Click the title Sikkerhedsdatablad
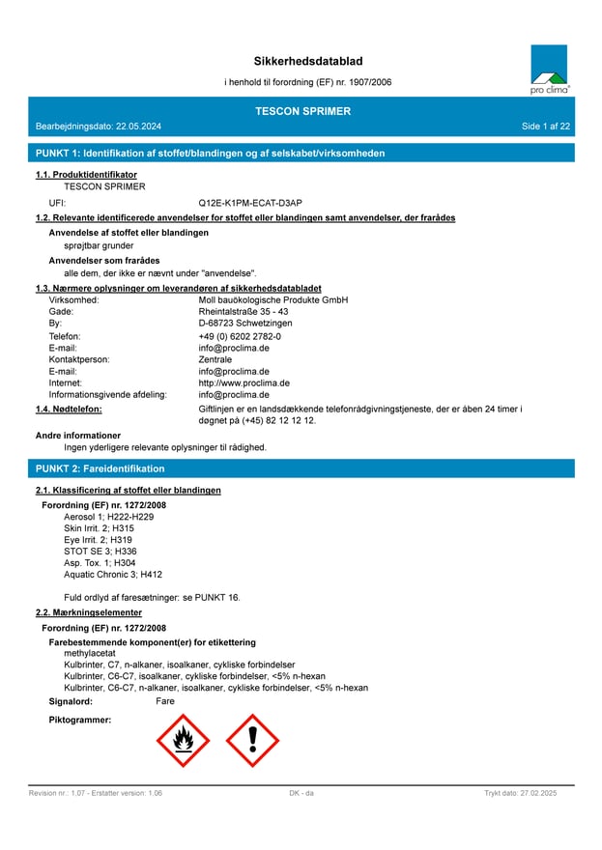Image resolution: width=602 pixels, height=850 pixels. (308, 62)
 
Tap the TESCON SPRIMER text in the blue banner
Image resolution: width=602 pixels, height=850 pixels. (302, 111)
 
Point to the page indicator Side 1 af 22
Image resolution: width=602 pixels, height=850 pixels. (546, 127)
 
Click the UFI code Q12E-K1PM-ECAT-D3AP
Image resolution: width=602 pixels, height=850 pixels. (250, 203)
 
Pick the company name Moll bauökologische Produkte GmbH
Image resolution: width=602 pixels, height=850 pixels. (272, 300)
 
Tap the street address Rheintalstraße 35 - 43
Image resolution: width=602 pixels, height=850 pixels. (244, 312)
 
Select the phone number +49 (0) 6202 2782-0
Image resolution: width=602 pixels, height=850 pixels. (240, 336)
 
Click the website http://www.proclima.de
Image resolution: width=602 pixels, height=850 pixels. (244, 382)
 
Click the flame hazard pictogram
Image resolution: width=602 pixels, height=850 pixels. (183, 741)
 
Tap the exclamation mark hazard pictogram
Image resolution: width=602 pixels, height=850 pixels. (252, 741)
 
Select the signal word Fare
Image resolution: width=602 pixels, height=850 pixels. (165, 701)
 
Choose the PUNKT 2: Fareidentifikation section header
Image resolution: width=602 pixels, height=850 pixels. (100, 468)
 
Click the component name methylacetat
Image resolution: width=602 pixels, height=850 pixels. (90, 654)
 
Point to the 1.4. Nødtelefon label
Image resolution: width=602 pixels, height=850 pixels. (69, 410)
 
